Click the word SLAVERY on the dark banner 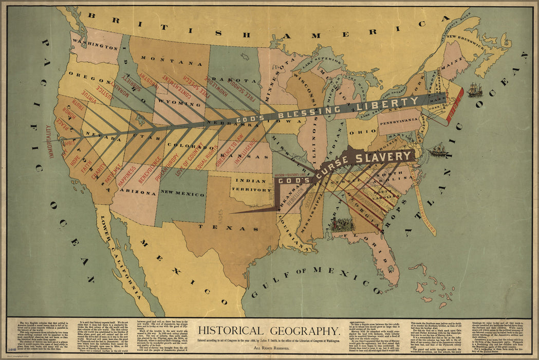pos(387,157)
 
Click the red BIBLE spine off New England pos(455,106)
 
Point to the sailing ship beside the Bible pos(475,90)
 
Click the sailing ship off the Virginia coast pos(438,150)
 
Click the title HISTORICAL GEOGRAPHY pos(269,331)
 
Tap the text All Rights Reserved pos(269,348)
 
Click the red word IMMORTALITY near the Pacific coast pos(49,141)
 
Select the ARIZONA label pos(139,193)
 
